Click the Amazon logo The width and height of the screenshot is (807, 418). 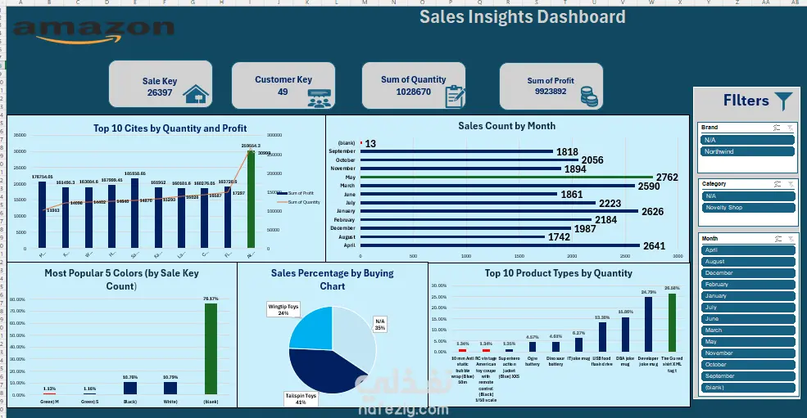[94, 31]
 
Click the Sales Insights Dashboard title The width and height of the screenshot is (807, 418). [522, 17]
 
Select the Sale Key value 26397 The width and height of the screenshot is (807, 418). [159, 93]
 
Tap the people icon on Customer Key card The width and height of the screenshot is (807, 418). [320, 97]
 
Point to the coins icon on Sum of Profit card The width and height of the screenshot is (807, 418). [588, 97]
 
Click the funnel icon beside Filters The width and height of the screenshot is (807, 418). [784, 101]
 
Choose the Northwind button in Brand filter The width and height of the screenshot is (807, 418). [746, 152]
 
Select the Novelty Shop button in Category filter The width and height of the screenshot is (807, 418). [746, 208]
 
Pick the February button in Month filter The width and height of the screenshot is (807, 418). [746, 285]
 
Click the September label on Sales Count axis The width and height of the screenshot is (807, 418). [342, 151]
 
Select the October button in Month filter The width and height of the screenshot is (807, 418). [746, 365]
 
